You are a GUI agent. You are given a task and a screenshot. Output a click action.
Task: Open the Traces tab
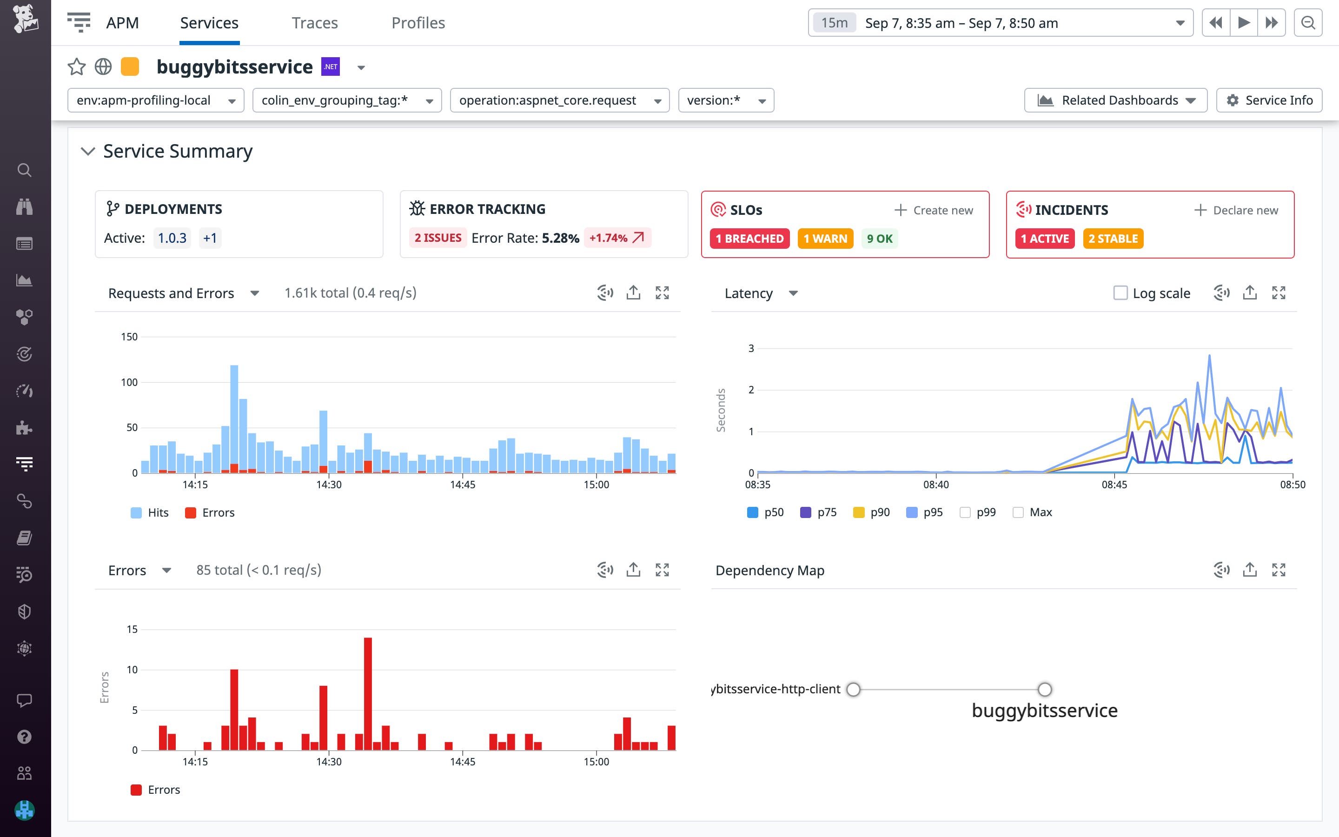click(314, 23)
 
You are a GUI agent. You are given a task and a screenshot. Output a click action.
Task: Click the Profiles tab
click(418, 23)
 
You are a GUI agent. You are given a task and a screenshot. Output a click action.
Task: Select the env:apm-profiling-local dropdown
click(155, 100)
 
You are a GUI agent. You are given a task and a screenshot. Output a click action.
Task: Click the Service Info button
click(1269, 100)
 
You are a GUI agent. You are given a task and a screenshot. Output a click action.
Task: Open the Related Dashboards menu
click(1115, 100)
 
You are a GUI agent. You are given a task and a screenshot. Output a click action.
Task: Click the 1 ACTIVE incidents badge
click(1045, 239)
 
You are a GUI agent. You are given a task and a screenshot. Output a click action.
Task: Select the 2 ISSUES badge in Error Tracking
click(437, 238)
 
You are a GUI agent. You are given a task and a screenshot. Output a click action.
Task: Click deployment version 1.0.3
click(172, 238)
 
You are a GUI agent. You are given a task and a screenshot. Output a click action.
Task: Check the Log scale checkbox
click(1120, 293)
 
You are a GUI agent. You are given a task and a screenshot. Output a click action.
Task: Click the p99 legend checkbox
click(965, 512)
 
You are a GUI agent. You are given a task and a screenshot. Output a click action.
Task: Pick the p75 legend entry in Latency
click(818, 512)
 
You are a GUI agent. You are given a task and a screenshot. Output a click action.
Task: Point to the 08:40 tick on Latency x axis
click(935, 485)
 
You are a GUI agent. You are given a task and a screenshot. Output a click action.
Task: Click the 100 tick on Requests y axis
click(129, 383)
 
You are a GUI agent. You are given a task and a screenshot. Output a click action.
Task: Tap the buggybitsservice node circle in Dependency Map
click(1044, 689)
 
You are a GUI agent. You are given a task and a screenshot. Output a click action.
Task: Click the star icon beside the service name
click(76, 67)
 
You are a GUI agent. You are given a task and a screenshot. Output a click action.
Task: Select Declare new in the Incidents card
click(1236, 210)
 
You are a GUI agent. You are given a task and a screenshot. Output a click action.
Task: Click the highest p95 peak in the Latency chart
click(1210, 357)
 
